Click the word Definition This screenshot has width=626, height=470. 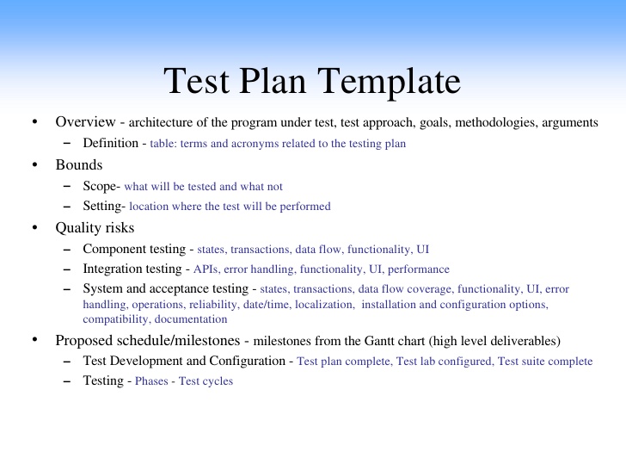coord(110,143)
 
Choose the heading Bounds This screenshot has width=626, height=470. coord(78,164)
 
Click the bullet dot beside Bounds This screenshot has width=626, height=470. coord(34,164)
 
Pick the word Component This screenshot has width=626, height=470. coord(116,249)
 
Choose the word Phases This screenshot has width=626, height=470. coord(152,381)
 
